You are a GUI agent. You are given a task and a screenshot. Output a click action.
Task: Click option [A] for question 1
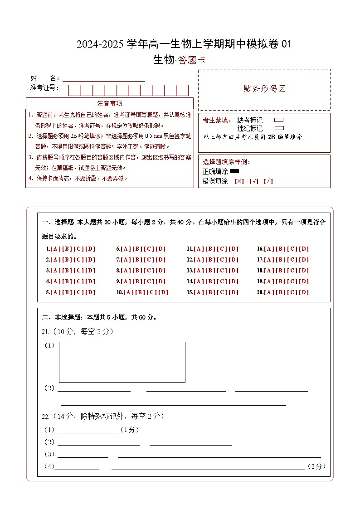55,249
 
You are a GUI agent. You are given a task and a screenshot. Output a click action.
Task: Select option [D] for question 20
304,292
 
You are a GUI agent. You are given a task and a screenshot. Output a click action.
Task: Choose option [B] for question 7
137,260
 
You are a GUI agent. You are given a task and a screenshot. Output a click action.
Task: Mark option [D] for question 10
163,292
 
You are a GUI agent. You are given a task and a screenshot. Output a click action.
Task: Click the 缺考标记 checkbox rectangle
279,120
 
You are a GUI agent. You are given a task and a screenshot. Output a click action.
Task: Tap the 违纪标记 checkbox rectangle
279,128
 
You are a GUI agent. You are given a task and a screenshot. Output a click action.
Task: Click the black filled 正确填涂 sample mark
234,171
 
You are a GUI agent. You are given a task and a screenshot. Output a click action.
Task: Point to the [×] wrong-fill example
239,181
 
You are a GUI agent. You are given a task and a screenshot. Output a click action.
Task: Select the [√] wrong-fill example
253,181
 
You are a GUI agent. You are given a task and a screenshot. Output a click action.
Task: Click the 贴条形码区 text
264,89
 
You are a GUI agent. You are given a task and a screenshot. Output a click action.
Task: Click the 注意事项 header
109,103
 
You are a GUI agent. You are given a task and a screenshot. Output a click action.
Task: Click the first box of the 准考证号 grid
74,90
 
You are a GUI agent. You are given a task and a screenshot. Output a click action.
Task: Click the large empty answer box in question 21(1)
122,362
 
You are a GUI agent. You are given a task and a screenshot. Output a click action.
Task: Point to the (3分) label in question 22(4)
316,466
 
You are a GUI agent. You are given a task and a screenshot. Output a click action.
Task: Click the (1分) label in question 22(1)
129,430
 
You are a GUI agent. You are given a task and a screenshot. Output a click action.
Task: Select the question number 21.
45,332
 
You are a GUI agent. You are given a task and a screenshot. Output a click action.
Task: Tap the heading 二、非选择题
58,317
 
